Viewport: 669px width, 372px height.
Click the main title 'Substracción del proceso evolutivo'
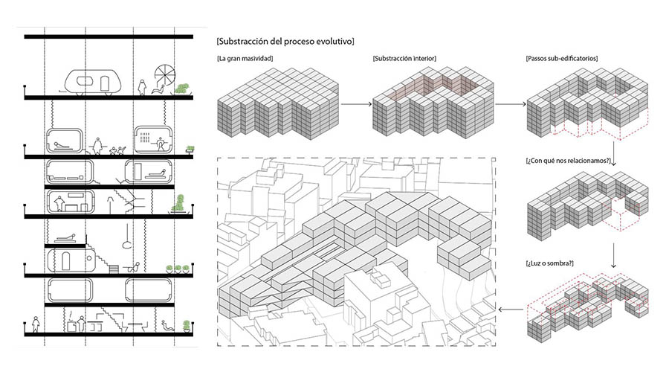(x=285, y=39)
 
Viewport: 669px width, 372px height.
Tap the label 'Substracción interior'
(x=404, y=58)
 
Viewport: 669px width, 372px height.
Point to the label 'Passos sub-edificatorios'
(x=562, y=58)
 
